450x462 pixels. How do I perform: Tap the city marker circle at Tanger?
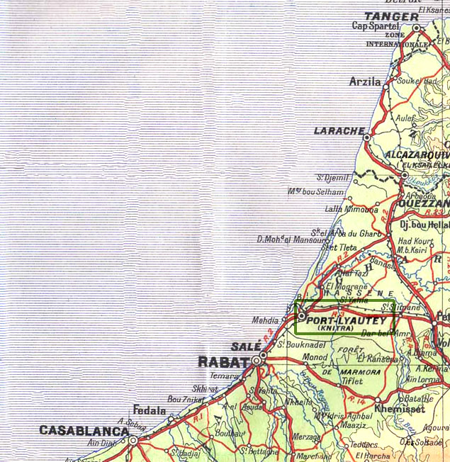point(417,28)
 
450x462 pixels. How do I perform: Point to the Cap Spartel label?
point(373,27)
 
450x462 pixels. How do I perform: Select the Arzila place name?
point(365,81)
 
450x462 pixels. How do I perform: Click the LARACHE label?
point(338,132)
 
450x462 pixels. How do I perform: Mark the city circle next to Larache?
point(368,132)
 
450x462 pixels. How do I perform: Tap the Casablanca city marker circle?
point(133,440)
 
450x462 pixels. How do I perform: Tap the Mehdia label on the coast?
point(265,320)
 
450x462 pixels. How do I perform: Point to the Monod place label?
point(315,357)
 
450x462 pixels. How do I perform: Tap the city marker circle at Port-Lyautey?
point(301,316)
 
